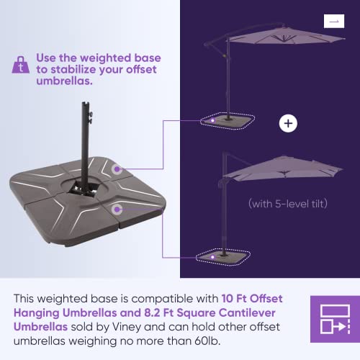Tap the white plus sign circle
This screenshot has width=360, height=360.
288,124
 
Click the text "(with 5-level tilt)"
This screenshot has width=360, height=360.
287,204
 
